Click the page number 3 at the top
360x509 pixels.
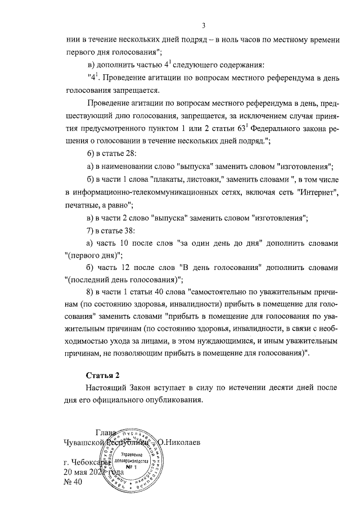point(204,25)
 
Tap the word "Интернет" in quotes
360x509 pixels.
point(316,192)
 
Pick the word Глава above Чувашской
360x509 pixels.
point(107,432)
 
